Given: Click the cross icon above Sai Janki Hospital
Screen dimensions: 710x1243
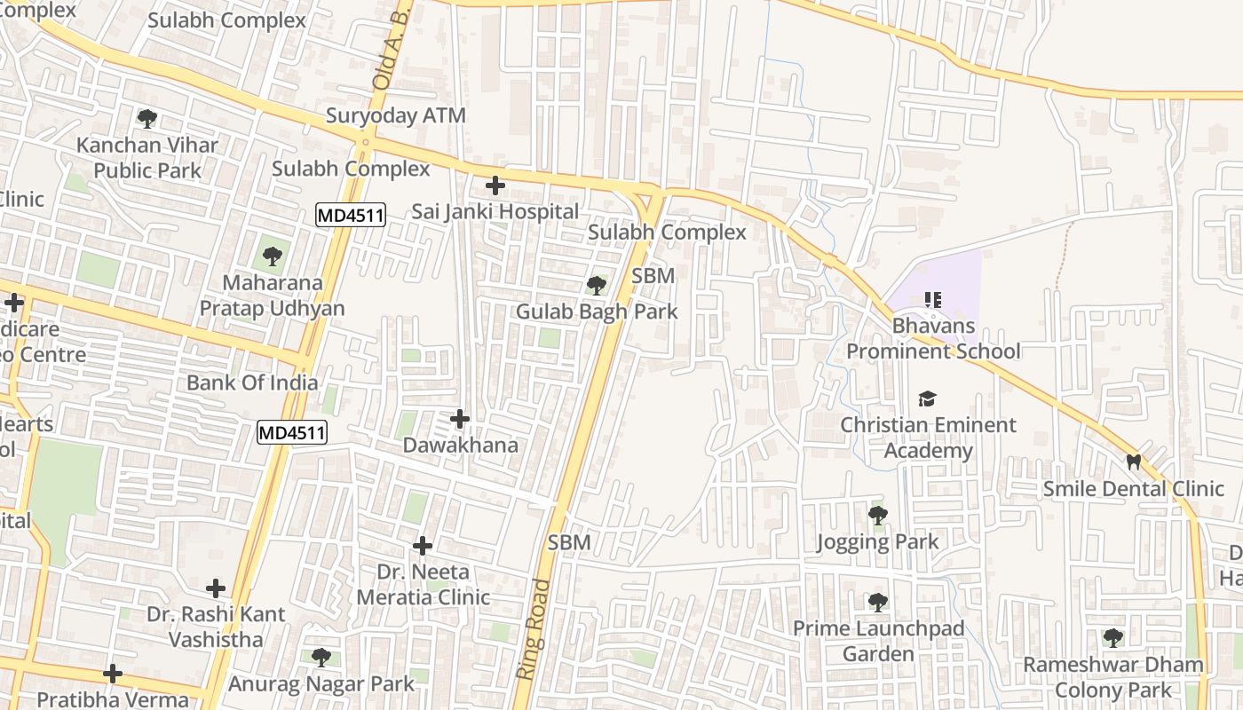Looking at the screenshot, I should (x=495, y=185).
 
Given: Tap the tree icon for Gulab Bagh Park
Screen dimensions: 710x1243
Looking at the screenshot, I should (x=597, y=285).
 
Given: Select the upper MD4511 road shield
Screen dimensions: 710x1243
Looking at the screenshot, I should (x=351, y=215).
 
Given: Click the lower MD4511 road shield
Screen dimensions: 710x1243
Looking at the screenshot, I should (x=292, y=433).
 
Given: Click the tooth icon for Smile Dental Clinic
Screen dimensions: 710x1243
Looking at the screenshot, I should (x=1133, y=461).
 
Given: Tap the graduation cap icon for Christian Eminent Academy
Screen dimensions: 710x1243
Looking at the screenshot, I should (x=928, y=398).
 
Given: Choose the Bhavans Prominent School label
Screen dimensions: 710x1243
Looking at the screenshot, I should (x=933, y=338).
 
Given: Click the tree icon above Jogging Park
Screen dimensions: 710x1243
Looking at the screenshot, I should (x=877, y=515).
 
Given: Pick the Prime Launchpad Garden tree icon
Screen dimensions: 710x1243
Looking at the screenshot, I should (x=877, y=603).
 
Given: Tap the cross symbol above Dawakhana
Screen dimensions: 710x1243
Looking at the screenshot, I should (x=460, y=418).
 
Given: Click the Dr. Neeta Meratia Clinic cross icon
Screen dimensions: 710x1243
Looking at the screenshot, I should (x=423, y=545).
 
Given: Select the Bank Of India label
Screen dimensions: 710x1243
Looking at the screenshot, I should (x=252, y=383).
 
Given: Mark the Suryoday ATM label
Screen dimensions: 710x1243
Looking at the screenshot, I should (x=396, y=115).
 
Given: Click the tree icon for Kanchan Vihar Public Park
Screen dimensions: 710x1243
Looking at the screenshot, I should (x=147, y=118).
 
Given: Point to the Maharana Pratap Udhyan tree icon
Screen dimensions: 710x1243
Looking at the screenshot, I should (x=272, y=257).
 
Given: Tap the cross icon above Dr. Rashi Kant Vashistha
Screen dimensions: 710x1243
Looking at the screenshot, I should (x=216, y=588).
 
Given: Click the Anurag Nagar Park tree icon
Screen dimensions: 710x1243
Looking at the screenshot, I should (x=321, y=658).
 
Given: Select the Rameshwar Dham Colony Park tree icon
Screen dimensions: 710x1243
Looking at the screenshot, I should (x=1113, y=637).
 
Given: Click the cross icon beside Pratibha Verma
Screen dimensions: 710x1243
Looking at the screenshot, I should (x=113, y=674).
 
